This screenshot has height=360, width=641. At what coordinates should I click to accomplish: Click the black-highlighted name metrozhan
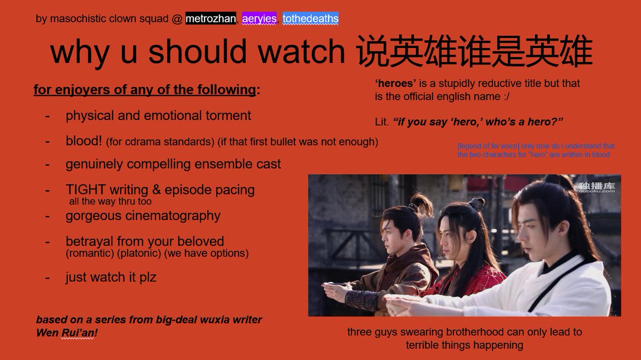pos(210,19)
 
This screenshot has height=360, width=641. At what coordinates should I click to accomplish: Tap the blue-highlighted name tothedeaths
pos(310,19)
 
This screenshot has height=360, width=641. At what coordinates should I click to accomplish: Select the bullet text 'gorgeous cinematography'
pos(143,216)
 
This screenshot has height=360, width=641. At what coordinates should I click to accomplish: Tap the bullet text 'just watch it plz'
pos(111,277)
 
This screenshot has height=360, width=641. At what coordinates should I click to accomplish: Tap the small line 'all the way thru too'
pos(111,202)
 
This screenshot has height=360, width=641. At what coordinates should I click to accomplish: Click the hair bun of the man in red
pos(476,202)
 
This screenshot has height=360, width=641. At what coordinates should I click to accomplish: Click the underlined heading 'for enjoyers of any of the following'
pos(145,90)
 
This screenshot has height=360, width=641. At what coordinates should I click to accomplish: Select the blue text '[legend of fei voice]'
pos(487,146)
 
